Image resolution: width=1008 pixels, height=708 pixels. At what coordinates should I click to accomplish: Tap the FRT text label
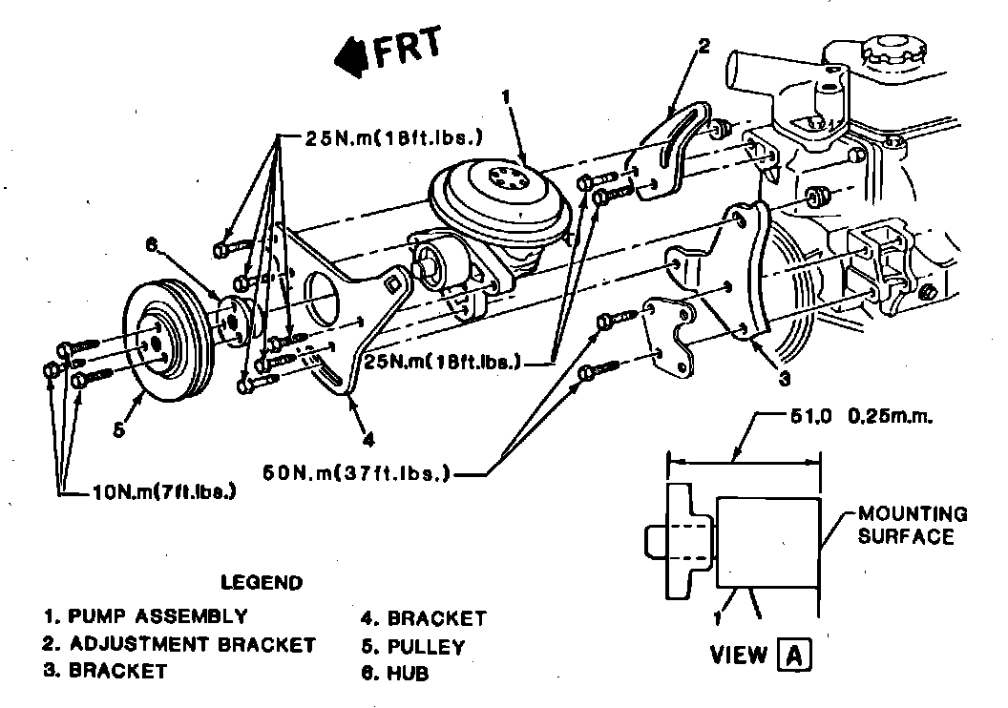(407, 49)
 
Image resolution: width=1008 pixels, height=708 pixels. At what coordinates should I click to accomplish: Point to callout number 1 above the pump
(506, 95)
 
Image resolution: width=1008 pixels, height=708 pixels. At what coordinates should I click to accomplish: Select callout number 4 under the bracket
(369, 440)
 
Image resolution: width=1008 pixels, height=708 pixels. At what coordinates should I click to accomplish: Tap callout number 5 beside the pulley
(117, 429)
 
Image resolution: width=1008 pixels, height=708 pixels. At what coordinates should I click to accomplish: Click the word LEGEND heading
(261, 582)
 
